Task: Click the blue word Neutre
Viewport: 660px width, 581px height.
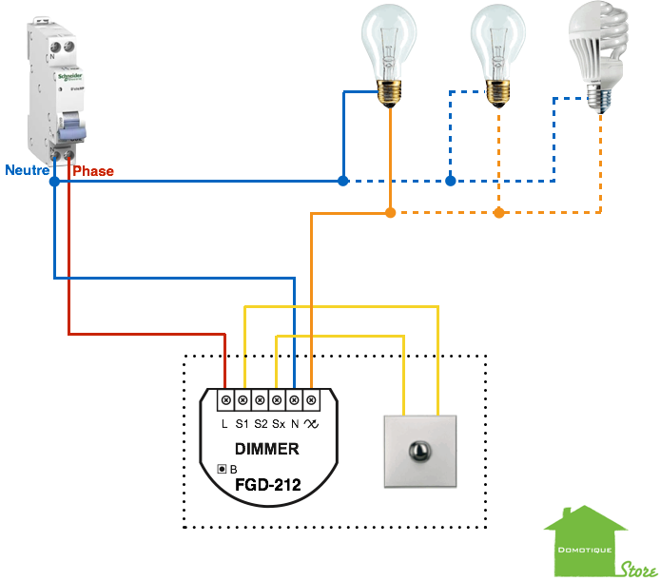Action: pos(27,171)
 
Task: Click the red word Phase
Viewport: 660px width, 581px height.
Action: pos(93,171)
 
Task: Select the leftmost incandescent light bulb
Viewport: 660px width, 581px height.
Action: pos(388,52)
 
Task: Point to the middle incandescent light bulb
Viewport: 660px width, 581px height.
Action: pos(497,52)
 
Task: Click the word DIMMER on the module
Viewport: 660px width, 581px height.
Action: pos(267,449)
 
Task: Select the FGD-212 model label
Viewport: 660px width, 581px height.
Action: pos(267,485)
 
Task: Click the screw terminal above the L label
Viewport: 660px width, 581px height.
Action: pos(225,400)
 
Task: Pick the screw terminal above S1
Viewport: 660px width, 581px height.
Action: pos(243,400)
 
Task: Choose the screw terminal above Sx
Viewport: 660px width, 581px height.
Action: pos(277,400)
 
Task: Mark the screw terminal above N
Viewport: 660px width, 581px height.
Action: pos(295,400)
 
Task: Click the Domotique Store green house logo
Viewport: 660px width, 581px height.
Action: pos(586,542)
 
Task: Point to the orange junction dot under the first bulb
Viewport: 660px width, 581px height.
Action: pos(390,212)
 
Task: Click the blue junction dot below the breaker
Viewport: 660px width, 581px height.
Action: pos(54,181)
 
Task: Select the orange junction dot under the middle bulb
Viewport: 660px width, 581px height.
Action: pos(499,212)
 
